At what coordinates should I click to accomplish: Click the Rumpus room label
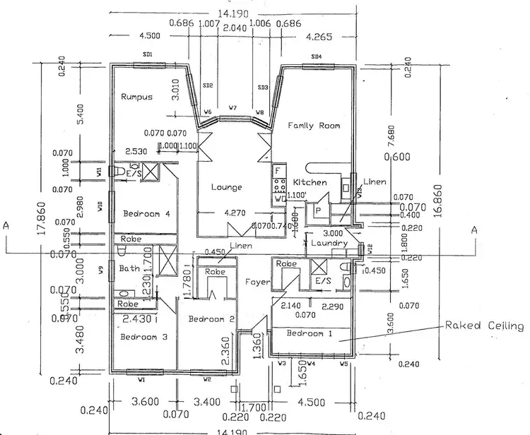coord(136,97)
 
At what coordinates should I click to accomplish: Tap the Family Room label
coord(314,126)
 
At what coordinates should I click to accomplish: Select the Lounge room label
coord(227,187)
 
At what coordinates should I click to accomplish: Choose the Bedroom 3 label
coord(143,337)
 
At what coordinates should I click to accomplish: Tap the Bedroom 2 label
coord(211,320)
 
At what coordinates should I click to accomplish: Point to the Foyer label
coord(257,282)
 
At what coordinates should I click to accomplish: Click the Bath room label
coord(129,268)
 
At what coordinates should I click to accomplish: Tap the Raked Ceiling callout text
coord(484,326)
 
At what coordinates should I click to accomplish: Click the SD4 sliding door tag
coord(316,56)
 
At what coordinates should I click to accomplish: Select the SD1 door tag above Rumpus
coord(148,55)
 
